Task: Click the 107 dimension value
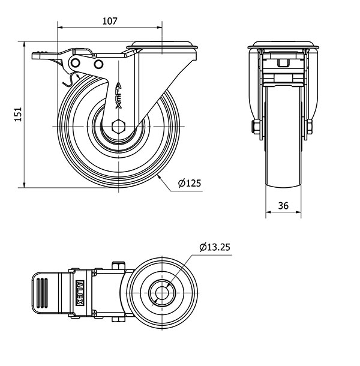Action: pos(109,21)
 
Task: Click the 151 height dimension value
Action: pos(18,114)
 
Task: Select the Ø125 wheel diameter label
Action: pos(190,183)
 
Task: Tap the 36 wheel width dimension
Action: pos(283,206)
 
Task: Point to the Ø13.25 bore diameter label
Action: pos(215,247)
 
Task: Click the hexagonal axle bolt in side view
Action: pos(119,127)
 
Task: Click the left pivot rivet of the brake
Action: pos(76,62)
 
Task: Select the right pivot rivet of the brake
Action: pos(98,64)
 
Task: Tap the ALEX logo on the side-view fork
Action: pos(119,95)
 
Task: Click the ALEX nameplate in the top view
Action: pos(80,293)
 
